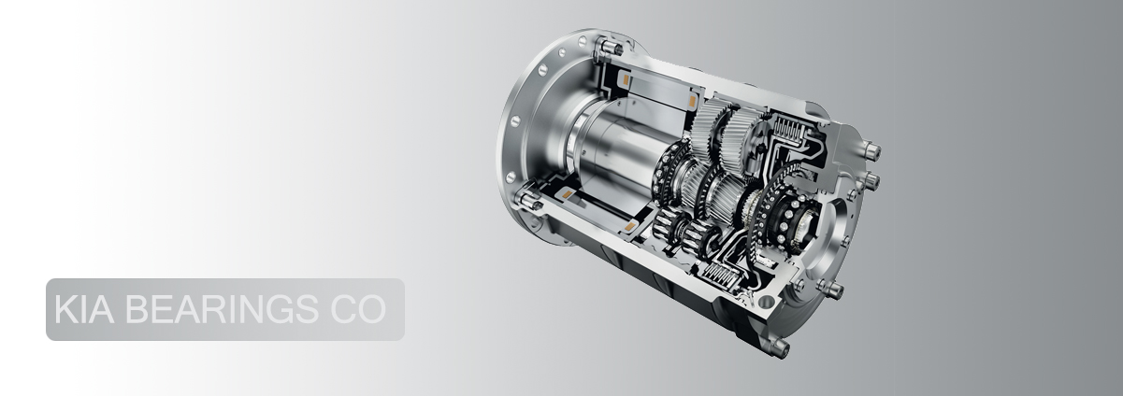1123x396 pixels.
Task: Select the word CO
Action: (x=358, y=309)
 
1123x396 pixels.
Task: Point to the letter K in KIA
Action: (x=65, y=309)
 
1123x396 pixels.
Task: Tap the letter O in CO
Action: (x=372, y=309)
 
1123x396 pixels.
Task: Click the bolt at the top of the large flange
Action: (x=609, y=49)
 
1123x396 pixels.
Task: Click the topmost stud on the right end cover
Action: (x=871, y=150)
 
